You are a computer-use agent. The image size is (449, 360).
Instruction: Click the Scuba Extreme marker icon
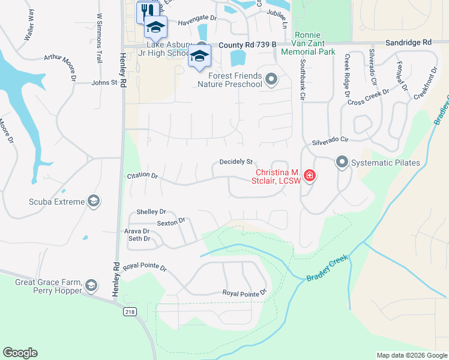(x=93, y=201)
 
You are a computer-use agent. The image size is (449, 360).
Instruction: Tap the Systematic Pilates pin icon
(x=342, y=162)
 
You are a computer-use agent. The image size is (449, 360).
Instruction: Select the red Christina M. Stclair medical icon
(x=310, y=176)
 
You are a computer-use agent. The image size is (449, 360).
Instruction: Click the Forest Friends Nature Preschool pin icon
(x=271, y=79)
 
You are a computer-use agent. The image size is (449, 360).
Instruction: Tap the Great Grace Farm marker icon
(x=91, y=284)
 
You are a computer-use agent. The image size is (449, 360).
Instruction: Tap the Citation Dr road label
(x=142, y=176)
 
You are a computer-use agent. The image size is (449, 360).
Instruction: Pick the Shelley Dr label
(x=151, y=212)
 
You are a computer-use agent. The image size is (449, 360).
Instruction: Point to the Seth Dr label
(x=139, y=239)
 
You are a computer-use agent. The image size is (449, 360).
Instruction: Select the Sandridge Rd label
(x=408, y=43)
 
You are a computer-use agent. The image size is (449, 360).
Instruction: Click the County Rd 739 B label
(x=247, y=45)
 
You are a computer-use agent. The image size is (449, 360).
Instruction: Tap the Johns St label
(x=104, y=83)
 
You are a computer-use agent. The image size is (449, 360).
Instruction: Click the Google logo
(x=20, y=353)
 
